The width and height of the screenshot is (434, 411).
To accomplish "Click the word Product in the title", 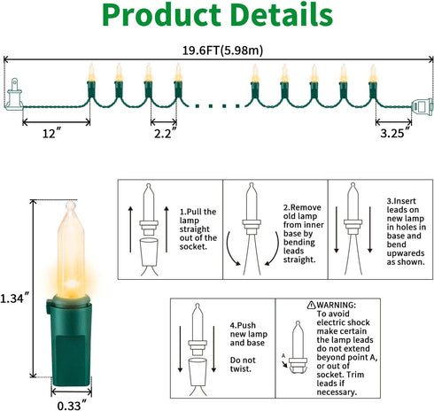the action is point(161,15).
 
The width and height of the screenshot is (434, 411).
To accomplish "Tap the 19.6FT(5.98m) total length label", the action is point(222,50).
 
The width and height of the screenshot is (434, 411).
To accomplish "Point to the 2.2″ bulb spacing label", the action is point(165,133).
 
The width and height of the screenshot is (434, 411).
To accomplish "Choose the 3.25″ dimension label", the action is point(396,133).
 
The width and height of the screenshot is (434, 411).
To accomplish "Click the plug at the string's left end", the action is point(14,95).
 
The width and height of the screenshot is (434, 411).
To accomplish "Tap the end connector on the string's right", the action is point(422,107).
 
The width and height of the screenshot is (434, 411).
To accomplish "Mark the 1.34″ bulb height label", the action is point(15,299).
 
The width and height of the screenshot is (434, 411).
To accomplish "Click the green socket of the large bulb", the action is point(70,342).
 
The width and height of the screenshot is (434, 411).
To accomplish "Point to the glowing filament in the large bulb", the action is point(71,284).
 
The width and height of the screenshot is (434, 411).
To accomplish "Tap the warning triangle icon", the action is point(311,305).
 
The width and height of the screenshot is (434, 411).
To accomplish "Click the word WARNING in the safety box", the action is point(337,305).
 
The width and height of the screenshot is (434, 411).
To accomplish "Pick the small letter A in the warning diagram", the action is point(283,356).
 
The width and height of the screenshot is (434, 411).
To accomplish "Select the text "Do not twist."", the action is point(243,364).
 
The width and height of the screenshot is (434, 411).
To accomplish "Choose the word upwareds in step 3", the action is point(406,253).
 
